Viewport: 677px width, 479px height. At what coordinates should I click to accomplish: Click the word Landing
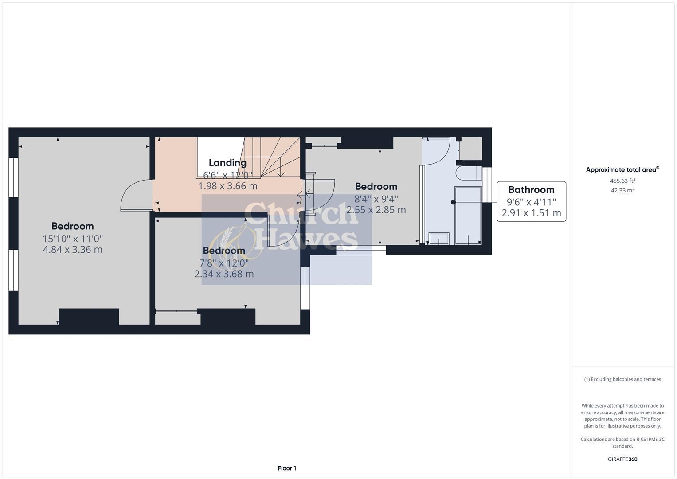[227, 162]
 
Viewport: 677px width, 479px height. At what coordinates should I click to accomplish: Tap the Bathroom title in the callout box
[531, 190]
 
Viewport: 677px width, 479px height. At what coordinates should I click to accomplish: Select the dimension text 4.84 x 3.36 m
[73, 250]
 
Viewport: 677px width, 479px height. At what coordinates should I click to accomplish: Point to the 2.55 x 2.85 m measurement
[376, 210]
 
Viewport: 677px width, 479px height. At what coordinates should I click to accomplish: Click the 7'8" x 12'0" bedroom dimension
[224, 263]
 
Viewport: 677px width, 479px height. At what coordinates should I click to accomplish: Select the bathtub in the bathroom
[468, 215]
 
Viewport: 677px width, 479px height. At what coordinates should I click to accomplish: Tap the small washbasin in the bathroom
[439, 239]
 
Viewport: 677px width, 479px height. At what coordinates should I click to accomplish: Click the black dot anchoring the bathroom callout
[453, 202]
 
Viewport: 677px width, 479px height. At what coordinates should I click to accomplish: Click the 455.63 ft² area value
[622, 181]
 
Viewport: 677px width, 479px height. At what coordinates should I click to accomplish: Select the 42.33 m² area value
[622, 190]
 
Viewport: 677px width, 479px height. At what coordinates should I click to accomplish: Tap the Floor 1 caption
[287, 468]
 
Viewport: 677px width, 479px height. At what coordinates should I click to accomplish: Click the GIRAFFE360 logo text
[622, 459]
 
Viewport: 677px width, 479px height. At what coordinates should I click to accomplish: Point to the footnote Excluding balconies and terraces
[622, 379]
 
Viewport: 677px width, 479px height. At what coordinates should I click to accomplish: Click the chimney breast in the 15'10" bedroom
[89, 317]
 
